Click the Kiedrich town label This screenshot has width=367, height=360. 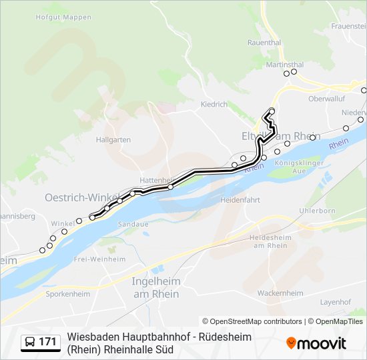214,105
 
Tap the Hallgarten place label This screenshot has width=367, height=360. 113,140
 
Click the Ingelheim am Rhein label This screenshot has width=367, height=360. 155,287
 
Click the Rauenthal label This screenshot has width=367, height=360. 264,41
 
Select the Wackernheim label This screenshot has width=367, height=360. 280,293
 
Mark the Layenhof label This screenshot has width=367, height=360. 335,302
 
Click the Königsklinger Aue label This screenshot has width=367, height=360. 300,167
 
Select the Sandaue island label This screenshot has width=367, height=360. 133,224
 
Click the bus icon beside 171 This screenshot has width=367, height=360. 30,342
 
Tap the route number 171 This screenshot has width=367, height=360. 47,342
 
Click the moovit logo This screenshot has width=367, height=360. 316,343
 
